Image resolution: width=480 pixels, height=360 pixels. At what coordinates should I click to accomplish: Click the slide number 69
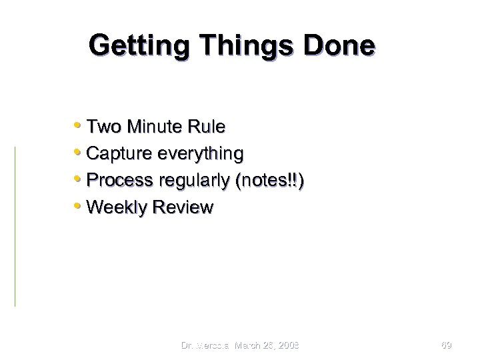click(x=447, y=345)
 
